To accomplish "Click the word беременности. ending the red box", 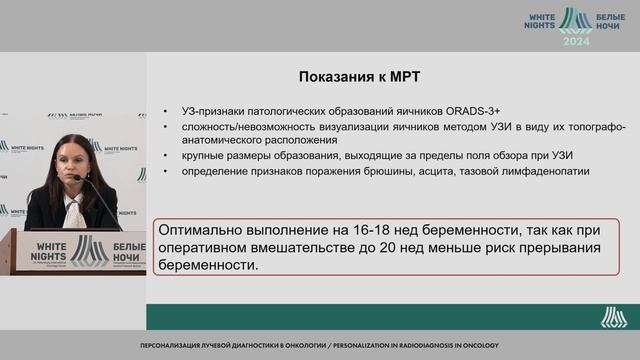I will pos(211,267).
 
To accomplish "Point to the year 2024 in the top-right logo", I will pos(576,43).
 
